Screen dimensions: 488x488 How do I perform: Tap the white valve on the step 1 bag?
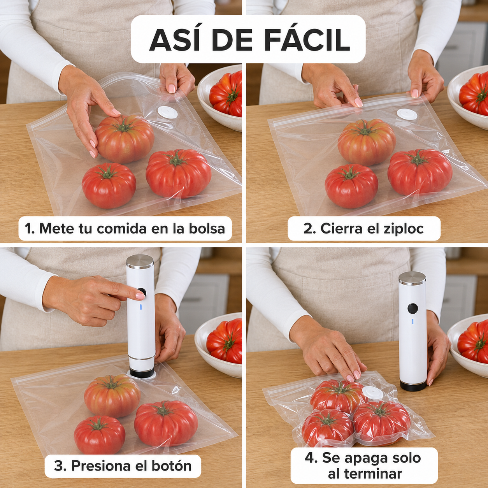tap(167, 112)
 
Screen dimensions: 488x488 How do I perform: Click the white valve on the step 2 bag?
tap(407, 114)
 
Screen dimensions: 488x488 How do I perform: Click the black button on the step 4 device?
tap(413, 308)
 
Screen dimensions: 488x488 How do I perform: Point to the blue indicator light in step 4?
tap(413, 321)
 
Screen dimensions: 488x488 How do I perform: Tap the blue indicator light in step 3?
tap(140, 307)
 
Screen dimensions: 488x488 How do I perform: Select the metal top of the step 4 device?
tap(412, 278)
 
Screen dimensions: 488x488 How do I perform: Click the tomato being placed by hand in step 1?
tap(125, 139)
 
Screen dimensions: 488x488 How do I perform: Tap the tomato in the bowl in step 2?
tap(474, 93)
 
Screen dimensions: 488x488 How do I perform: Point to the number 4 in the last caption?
tap(309, 458)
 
